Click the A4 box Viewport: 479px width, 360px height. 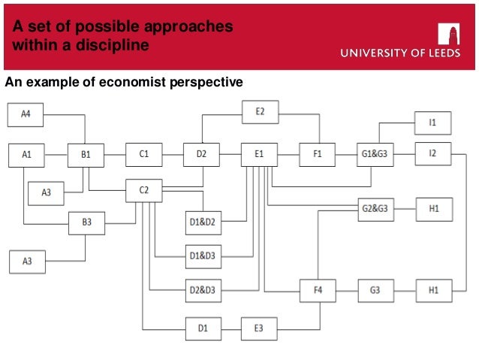[x=26, y=114]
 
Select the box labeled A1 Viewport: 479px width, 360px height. [x=26, y=155]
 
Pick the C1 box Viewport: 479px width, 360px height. [x=144, y=155]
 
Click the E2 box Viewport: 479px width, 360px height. [x=260, y=113]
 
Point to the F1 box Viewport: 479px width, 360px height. [x=318, y=155]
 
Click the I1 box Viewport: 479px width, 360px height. [x=434, y=123]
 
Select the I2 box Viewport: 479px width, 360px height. [x=434, y=155]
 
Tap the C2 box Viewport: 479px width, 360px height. [x=144, y=191]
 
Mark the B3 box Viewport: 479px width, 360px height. [x=86, y=223]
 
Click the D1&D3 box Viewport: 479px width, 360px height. [x=203, y=256]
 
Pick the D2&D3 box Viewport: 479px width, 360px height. [x=203, y=289]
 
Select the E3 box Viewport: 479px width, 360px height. [x=260, y=328]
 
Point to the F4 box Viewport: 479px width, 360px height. [x=318, y=290]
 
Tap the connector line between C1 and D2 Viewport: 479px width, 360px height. [x=173, y=155]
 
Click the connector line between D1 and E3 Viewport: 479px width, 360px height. [x=231, y=328]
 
